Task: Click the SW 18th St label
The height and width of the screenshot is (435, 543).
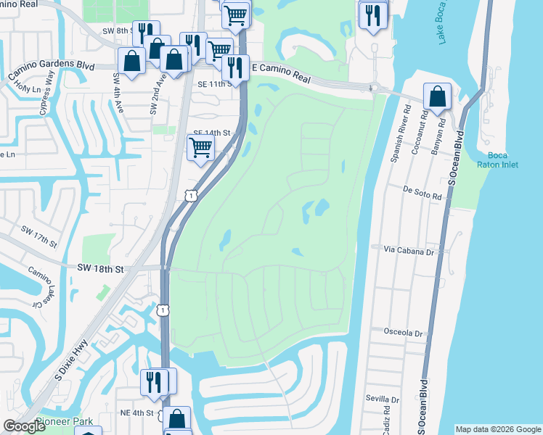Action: click(x=100, y=268)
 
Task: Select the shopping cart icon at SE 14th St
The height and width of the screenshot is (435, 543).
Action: click(x=200, y=147)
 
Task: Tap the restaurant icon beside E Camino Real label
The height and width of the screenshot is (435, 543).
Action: click(x=234, y=69)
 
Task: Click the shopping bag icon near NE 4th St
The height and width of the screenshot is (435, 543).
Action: click(x=176, y=420)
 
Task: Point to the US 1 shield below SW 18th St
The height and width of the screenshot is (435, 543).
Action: click(x=165, y=310)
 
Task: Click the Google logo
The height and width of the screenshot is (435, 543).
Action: click(x=25, y=427)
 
